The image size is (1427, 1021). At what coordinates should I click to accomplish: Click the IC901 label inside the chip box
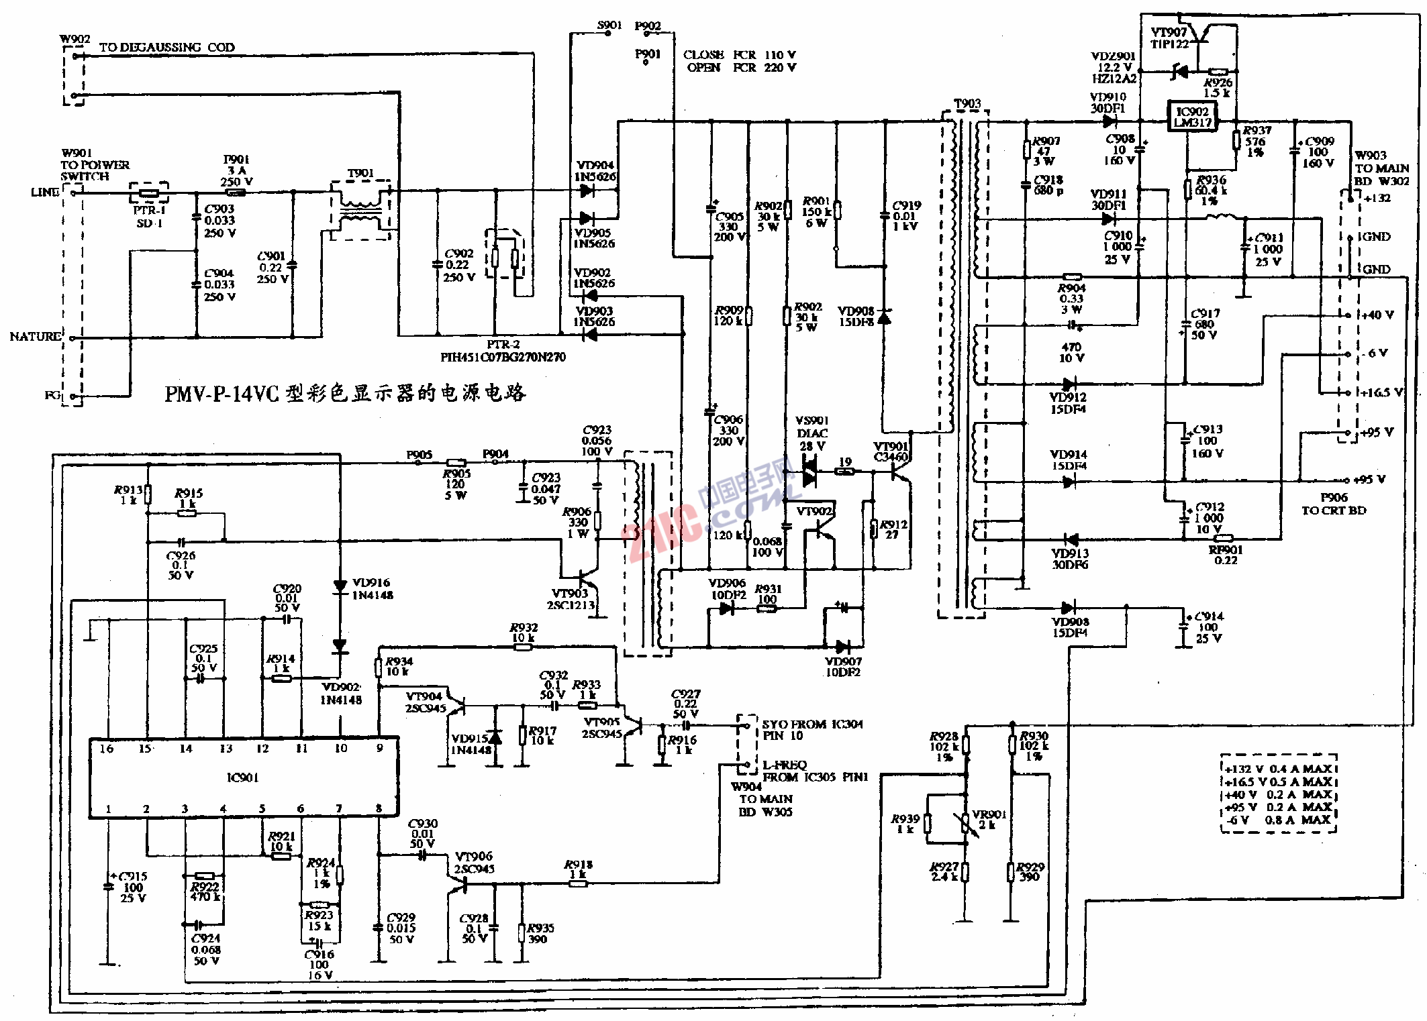(242, 777)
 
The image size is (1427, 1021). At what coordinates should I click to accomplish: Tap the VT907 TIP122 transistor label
(1169, 38)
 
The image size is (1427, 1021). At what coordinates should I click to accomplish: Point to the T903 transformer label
(967, 104)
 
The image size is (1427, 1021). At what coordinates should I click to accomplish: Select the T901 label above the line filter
(360, 173)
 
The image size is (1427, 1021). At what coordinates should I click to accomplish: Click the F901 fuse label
(236, 160)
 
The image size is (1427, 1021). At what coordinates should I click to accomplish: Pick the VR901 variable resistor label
(989, 814)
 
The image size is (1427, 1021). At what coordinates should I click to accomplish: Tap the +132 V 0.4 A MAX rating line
(1278, 769)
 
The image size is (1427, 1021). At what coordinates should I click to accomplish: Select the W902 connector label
(75, 39)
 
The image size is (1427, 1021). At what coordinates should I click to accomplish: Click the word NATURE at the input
(36, 336)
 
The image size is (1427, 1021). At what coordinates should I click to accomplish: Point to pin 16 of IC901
(107, 749)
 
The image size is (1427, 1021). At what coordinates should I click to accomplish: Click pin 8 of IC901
(379, 808)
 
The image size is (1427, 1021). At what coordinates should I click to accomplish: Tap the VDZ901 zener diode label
(1113, 56)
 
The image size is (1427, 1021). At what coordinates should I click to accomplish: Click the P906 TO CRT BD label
(1334, 504)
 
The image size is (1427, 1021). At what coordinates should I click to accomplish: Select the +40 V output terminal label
(1377, 315)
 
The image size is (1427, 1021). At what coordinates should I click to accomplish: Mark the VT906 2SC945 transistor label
(474, 862)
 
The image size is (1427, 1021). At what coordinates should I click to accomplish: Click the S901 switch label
(609, 25)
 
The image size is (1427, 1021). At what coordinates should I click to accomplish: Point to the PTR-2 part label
(503, 344)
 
